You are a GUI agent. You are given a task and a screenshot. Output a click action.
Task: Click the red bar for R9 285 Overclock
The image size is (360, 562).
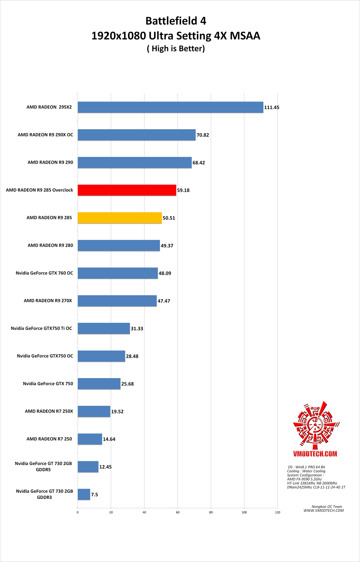coord(127,190)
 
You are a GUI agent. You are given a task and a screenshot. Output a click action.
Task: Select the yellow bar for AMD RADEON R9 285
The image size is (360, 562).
coord(120,218)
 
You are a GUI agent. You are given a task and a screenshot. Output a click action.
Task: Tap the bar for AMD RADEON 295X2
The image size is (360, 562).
coord(170,107)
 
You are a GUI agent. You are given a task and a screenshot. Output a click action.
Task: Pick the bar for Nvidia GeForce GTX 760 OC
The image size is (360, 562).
coord(118,273)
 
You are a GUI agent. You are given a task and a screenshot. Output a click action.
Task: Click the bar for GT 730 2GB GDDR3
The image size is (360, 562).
coord(84,494)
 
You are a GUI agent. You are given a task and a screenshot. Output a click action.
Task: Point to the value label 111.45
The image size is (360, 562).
coord(272,107)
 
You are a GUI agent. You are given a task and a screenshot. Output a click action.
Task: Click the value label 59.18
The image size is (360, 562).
coord(183,190)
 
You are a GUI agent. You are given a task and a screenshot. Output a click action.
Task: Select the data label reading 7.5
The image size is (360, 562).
coord(95,495)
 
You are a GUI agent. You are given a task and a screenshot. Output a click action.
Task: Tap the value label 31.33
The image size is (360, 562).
coord(137,329)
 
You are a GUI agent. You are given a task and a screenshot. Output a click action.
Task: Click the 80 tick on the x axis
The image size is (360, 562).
coord(211,512)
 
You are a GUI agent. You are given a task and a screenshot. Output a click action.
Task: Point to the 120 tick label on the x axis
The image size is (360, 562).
coord(278,512)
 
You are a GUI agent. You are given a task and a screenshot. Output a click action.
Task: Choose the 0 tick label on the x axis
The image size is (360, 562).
coord(78,512)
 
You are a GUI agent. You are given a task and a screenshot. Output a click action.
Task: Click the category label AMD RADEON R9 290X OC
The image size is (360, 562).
coord(45,135)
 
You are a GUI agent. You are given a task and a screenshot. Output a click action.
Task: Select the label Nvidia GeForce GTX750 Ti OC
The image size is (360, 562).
coord(41,328)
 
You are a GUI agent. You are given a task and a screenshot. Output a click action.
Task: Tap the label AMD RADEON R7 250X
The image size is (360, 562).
coord(49,411)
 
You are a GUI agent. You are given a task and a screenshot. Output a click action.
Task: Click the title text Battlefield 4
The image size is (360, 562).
coord(176,21)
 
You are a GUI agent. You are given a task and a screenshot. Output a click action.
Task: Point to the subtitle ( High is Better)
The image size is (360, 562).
coord(176,49)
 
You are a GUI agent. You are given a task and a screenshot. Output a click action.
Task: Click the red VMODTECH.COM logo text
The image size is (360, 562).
coord(315,454)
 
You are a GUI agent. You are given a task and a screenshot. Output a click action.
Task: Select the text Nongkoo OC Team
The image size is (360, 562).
coord(327,506)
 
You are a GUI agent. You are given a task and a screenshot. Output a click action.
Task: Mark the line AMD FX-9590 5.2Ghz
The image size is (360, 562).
coord(304,479)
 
